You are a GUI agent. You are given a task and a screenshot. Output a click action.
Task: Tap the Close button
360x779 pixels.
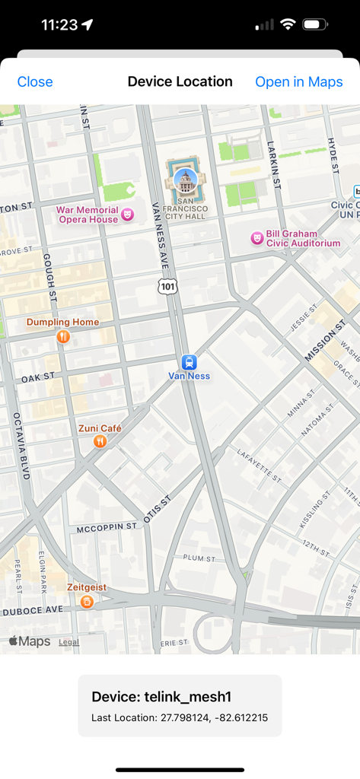tap(35, 82)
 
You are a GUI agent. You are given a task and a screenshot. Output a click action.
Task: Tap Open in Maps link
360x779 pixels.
tap(298, 82)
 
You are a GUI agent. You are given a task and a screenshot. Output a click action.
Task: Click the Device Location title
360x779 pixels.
tap(180, 81)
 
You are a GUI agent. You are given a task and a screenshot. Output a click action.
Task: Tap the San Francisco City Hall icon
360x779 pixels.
tap(185, 180)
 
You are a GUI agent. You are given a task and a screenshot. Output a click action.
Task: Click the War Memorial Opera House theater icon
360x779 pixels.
tap(128, 215)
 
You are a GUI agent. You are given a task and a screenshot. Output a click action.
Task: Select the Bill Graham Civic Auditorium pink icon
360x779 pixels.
tap(257, 238)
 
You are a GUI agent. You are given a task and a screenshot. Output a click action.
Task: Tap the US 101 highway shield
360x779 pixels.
tap(168, 285)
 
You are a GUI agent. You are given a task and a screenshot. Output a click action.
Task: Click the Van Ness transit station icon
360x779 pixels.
tap(189, 362)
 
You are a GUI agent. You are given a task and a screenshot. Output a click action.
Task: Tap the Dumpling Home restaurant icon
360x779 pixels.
tap(63, 336)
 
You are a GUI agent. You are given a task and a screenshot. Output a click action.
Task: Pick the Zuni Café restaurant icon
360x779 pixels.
tap(100, 441)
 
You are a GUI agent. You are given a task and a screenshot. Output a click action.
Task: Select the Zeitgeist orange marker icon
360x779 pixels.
tap(87, 602)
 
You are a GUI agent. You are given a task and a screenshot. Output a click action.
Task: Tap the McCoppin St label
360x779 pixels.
tap(106, 526)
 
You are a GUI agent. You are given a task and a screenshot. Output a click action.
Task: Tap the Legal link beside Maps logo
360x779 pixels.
tap(68, 642)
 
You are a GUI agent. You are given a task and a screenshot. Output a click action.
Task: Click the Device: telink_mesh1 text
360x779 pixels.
tap(161, 697)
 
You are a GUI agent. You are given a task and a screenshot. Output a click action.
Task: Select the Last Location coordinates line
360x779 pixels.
tap(180, 717)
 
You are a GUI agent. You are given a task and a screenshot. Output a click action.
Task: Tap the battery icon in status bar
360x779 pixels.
tap(315, 24)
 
